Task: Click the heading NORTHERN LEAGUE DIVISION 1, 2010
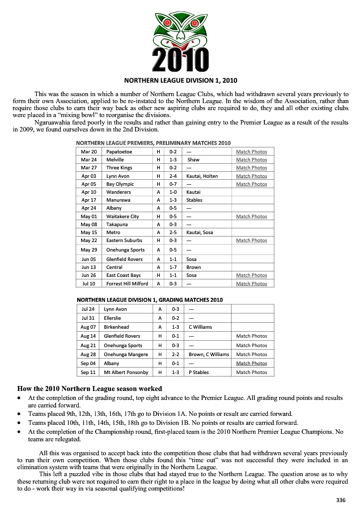coord(180,79)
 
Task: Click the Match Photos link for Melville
coord(251,160)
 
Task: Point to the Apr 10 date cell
coord(89,192)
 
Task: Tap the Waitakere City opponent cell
coord(122,217)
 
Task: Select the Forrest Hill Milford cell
coord(127,284)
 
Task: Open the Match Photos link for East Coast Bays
coord(251,275)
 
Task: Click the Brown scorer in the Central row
coord(194,267)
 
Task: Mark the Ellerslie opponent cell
coord(113,318)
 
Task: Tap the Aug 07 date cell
coord(88,327)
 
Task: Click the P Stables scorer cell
coord(199,373)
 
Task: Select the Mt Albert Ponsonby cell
coord(126,373)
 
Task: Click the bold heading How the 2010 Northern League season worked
coord(90,388)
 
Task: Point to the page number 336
coord(341,500)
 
